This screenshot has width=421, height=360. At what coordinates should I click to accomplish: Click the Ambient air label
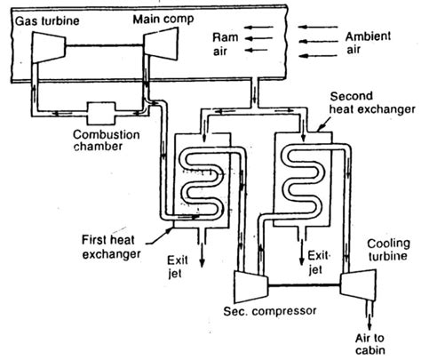pyautogui.click(x=368, y=43)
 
